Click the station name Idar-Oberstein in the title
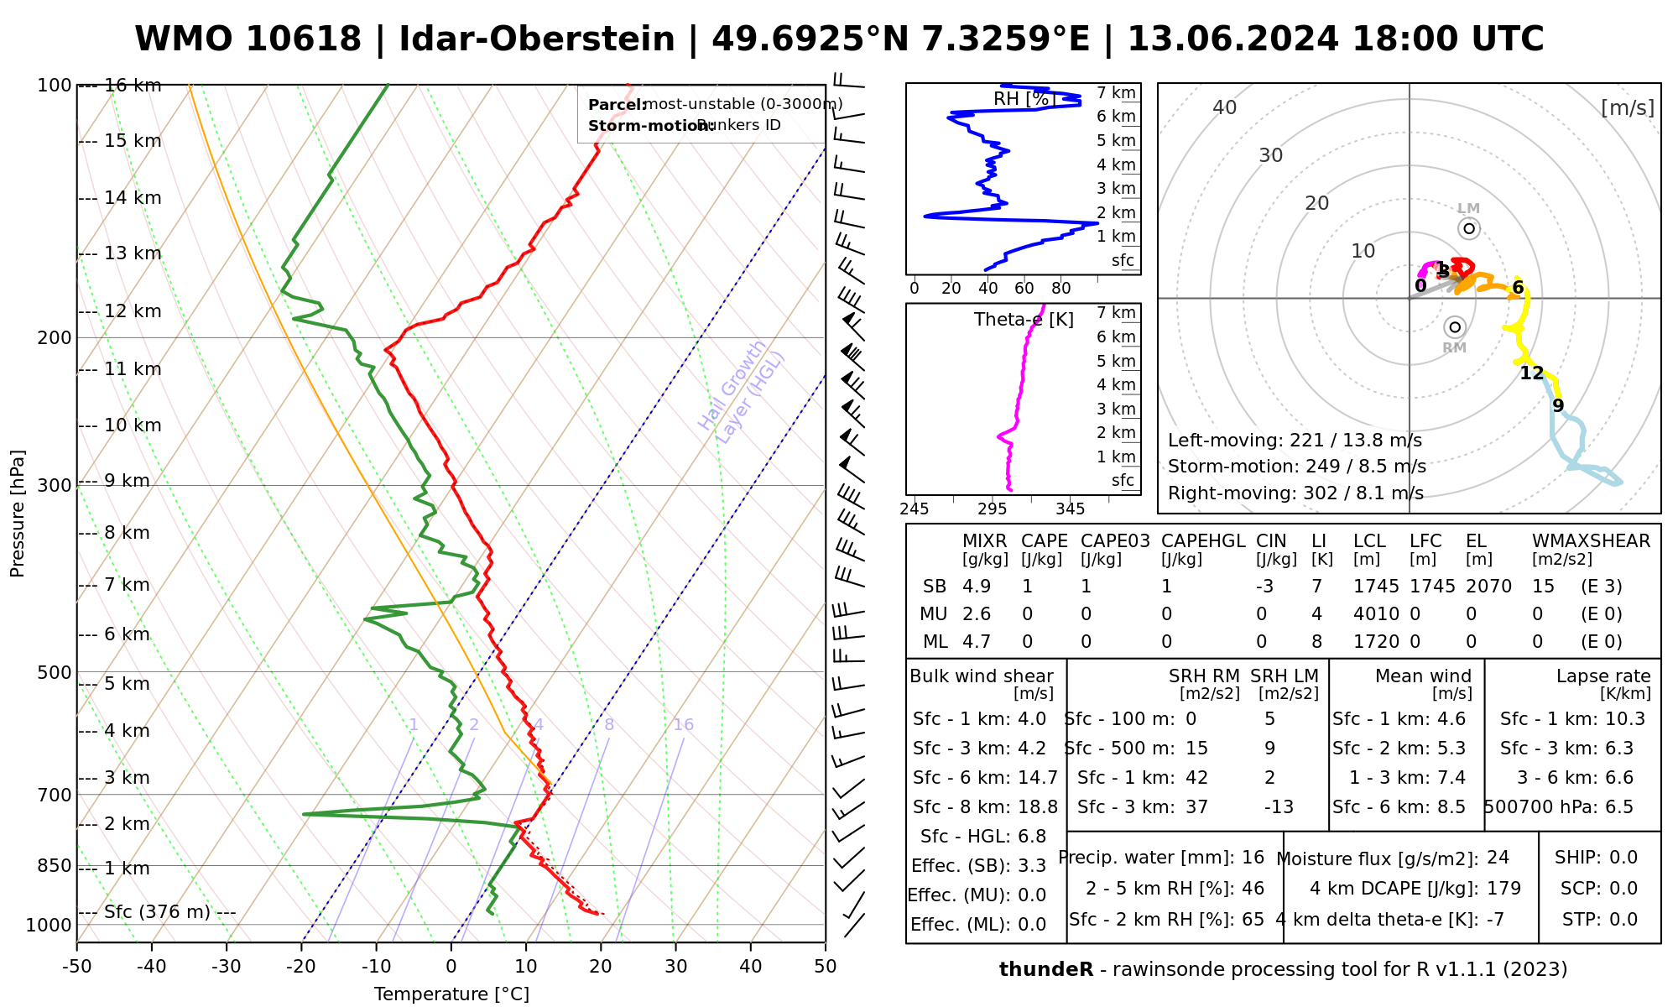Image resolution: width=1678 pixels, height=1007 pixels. tap(536, 39)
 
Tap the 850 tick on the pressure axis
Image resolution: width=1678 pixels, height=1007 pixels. tap(55, 866)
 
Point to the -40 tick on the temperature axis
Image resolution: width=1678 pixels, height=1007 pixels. tap(152, 967)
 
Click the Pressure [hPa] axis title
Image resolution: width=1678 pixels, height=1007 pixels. tap(18, 514)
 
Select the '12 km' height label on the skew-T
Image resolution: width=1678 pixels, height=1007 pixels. tap(132, 311)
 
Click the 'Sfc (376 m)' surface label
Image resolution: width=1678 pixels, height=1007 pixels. tap(157, 912)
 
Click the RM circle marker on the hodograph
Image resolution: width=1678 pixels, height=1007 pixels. tap(1455, 327)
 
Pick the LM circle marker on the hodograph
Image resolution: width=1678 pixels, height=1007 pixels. tap(1468, 228)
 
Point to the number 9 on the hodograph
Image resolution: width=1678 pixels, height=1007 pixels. tap(1558, 406)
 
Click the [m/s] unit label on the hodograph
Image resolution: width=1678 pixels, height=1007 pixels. tap(1627, 107)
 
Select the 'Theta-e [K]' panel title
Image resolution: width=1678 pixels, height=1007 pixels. tap(1024, 320)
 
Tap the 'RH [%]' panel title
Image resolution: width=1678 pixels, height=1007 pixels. tap(1024, 99)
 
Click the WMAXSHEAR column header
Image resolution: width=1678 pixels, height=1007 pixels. tap(1591, 541)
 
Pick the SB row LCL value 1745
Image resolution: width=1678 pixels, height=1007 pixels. tap(1376, 587)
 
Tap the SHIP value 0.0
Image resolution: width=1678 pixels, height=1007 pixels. tap(1623, 858)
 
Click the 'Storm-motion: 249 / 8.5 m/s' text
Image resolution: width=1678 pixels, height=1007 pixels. tap(1296, 467)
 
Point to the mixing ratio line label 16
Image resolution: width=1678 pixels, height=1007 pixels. tap(683, 725)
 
